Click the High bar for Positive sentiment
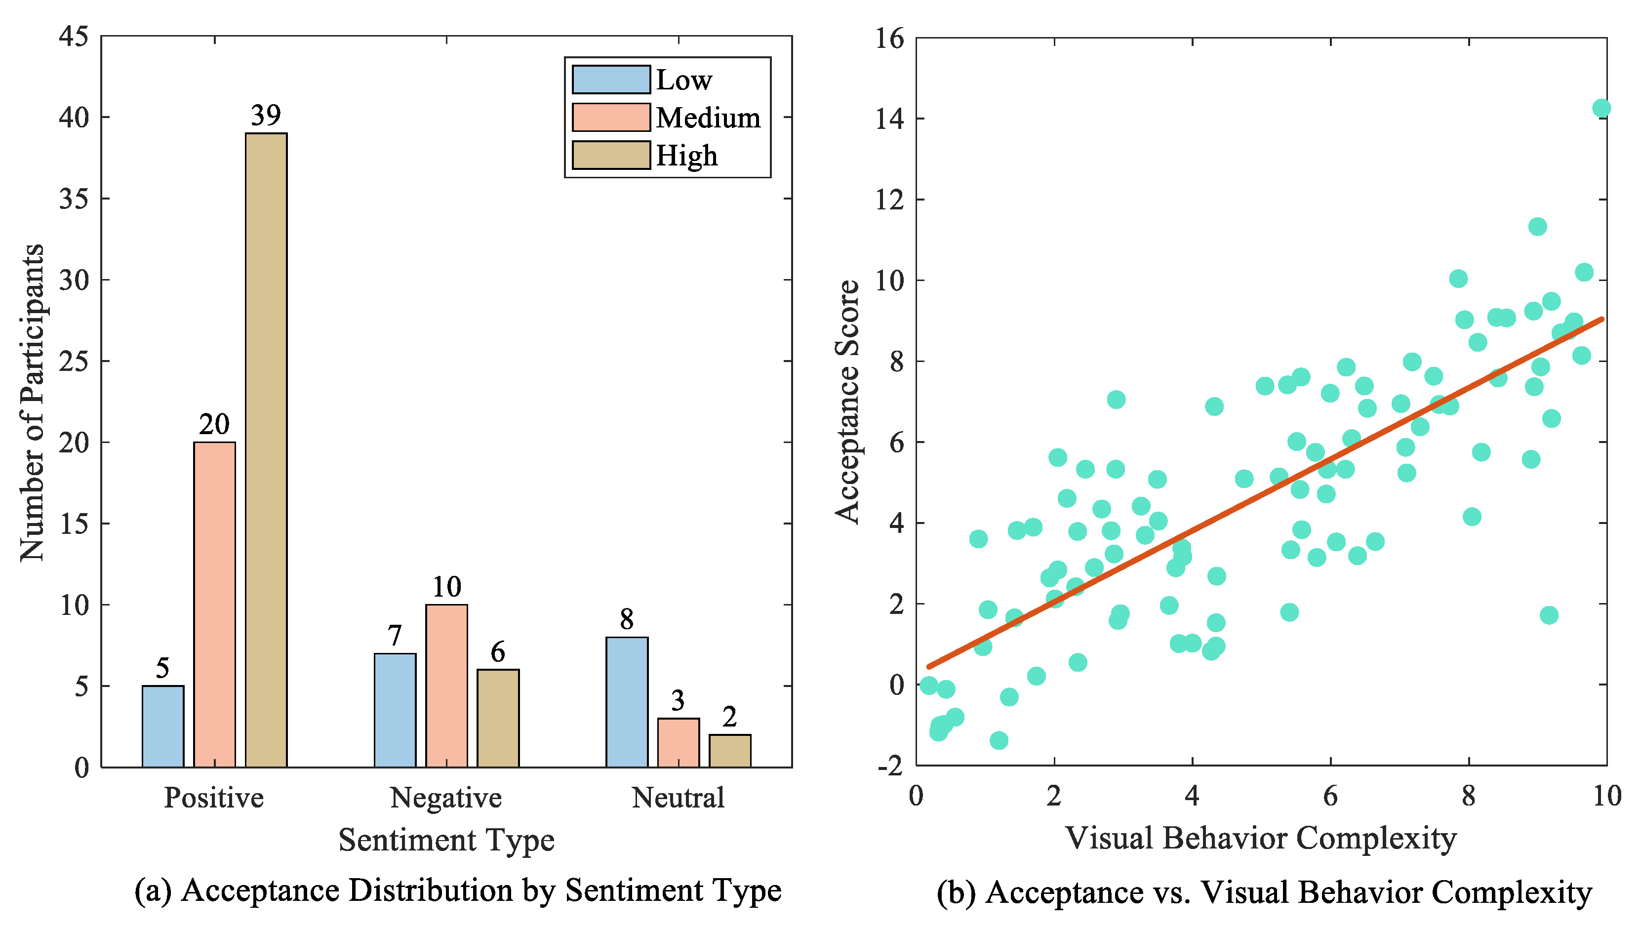(266, 450)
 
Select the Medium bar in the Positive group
(214, 604)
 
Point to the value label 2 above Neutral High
(730, 717)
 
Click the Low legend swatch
(610, 80)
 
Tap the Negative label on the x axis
(446, 798)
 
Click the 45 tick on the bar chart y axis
(74, 37)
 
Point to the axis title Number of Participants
(32, 402)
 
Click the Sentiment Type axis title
(446, 840)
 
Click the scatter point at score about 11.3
(1537, 227)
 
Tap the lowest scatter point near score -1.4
(999, 740)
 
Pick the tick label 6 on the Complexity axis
(1330, 796)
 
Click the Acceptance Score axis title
(848, 402)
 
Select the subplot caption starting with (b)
(1264, 892)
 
